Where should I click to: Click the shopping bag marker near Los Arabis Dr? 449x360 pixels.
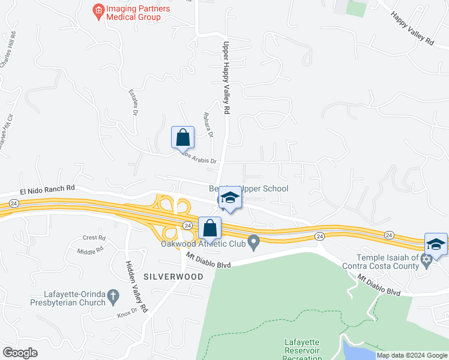(x=183, y=137)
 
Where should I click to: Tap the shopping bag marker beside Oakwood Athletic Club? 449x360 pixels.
(x=209, y=228)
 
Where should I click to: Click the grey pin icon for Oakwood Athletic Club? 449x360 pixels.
(x=254, y=243)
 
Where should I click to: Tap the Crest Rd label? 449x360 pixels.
(x=94, y=238)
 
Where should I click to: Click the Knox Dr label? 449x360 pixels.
(x=125, y=314)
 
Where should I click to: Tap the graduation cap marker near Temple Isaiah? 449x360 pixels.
(x=436, y=244)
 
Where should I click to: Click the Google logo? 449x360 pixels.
(x=20, y=352)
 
